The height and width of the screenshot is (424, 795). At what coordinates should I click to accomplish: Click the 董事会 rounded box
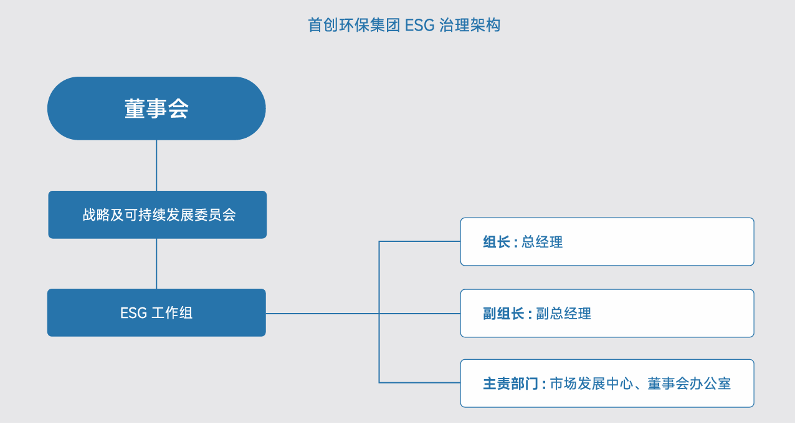click(156, 108)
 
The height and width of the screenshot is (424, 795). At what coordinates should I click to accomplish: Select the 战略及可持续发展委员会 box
click(157, 214)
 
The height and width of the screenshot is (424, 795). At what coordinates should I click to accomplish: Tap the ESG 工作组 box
click(156, 312)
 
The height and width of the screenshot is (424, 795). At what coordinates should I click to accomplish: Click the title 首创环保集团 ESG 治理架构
click(404, 25)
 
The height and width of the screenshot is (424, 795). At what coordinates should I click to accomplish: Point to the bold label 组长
click(497, 242)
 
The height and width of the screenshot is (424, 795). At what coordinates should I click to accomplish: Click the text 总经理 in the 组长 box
click(542, 242)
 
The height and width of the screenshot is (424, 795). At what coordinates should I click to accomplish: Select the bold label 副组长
click(503, 314)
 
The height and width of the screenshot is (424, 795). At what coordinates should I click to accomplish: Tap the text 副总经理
click(564, 314)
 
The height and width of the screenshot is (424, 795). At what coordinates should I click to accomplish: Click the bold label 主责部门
click(510, 383)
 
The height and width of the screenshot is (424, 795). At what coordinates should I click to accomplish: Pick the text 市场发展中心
click(591, 383)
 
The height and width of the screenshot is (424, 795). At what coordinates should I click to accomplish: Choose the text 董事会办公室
click(689, 383)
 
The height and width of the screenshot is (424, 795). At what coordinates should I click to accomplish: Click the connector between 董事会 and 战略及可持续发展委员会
click(156, 165)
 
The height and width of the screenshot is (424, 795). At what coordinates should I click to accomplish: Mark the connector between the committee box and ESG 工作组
click(156, 264)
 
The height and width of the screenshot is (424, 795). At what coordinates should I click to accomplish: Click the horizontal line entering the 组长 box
click(419, 241)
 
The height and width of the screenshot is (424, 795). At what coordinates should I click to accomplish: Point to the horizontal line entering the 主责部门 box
click(419, 382)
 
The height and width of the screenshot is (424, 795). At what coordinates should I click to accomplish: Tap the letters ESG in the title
click(419, 26)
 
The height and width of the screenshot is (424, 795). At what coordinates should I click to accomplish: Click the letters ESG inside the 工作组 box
click(133, 313)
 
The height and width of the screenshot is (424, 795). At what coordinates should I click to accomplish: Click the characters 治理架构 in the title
click(470, 25)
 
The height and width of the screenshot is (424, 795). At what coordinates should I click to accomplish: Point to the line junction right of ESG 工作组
click(379, 314)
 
